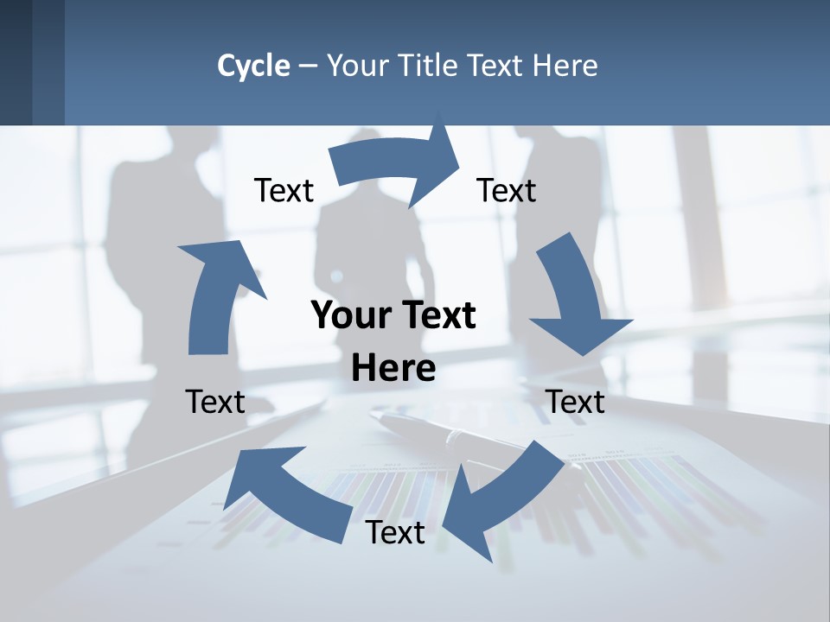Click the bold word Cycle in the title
(x=253, y=66)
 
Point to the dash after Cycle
(x=308, y=67)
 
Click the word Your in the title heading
(x=359, y=66)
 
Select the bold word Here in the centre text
(x=393, y=369)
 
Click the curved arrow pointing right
(x=398, y=164)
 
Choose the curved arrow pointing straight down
(x=575, y=298)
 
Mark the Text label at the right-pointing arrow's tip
(x=507, y=191)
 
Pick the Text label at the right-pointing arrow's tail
(x=284, y=191)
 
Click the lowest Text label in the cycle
(x=395, y=533)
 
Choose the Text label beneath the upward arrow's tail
(x=215, y=402)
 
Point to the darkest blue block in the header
(x=16, y=62)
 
